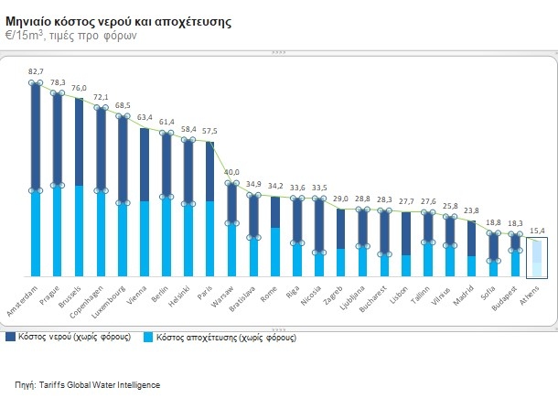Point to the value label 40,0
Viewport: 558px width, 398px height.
coord(232,171)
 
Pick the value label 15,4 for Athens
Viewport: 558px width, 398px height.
coord(538,229)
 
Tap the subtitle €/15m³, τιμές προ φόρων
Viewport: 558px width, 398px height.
coord(71,35)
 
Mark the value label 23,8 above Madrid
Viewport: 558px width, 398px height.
coord(472,210)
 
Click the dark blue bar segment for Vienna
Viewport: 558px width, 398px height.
coord(145,165)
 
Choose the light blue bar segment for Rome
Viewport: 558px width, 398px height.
coord(275,252)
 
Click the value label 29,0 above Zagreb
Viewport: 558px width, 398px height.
coord(341,199)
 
